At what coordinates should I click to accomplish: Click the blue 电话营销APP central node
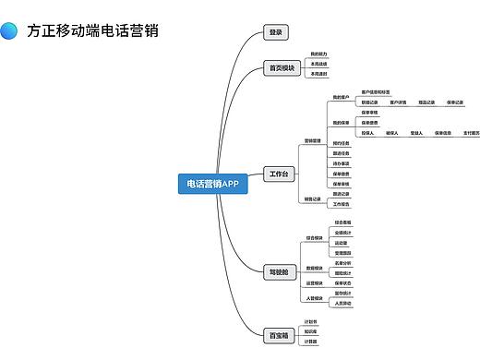click(x=212, y=184)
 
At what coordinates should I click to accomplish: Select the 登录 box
click(x=275, y=32)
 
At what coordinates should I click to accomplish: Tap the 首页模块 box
click(x=281, y=67)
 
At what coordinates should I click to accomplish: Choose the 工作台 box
click(x=278, y=174)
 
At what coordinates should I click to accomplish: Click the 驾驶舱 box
click(x=278, y=271)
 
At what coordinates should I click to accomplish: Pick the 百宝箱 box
click(x=278, y=335)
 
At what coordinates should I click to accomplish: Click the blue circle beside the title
click(x=9, y=30)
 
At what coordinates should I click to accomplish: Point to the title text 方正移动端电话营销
click(x=93, y=30)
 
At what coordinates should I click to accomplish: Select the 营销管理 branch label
click(x=312, y=141)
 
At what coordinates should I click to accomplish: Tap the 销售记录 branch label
click(x=312, y=198)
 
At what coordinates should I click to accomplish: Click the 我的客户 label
click(x=341, y=97)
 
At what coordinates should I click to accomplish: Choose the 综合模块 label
click(x=314, y=237)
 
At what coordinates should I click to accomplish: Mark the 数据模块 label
click(x=314, y=268)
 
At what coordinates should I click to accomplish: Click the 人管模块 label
click(x=314, y=298)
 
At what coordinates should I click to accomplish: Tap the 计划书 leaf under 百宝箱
click(x=311, y=321)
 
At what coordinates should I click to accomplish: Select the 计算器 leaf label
click(x=311, y=341)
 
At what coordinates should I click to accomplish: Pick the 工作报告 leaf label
click(x=341, y=203)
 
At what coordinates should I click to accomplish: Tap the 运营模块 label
click(x=314, y=282)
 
